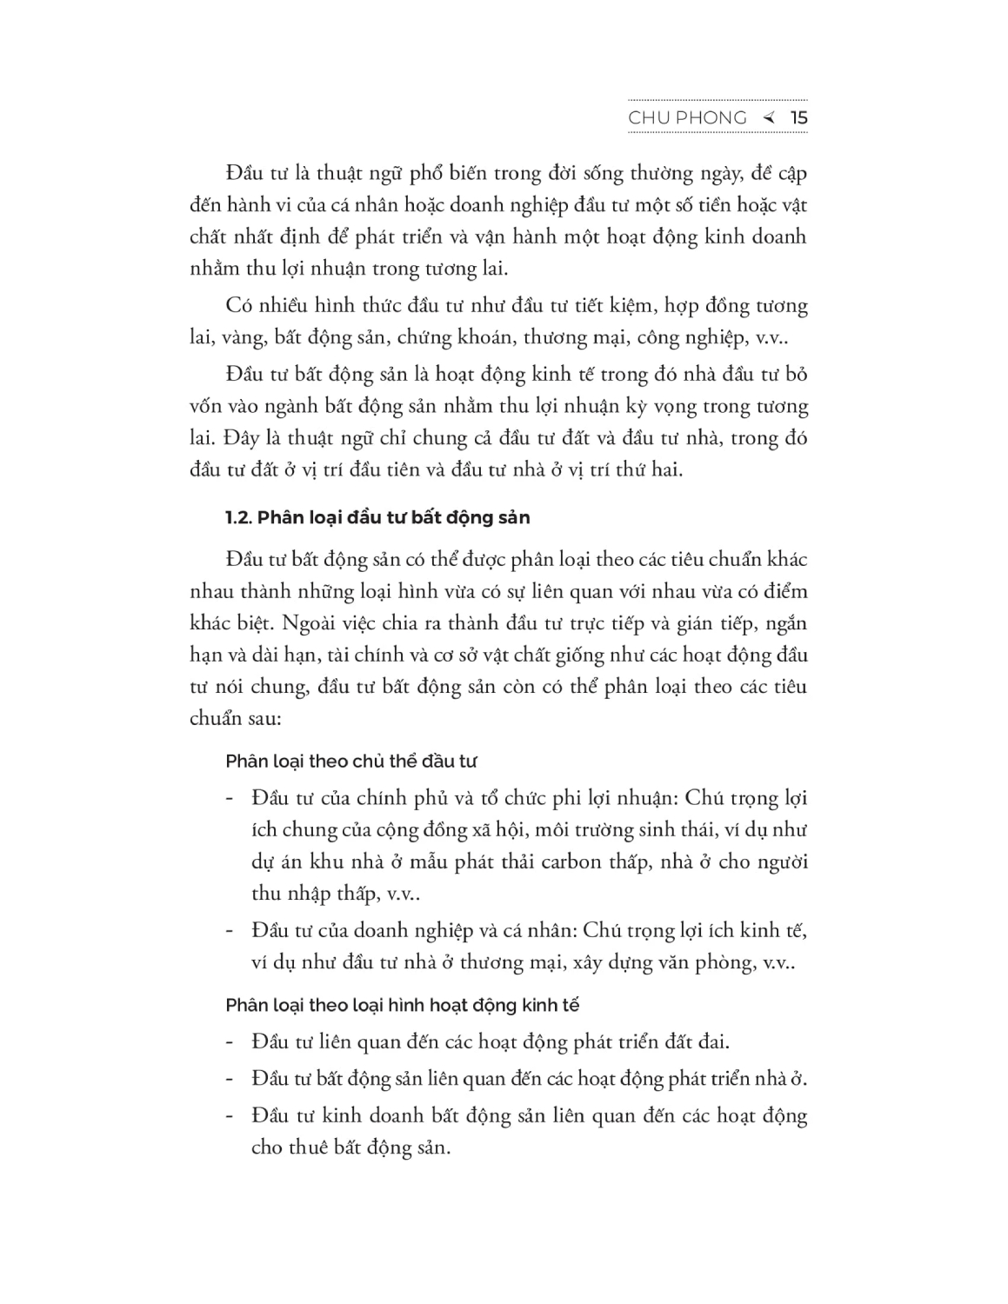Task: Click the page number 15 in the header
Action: click(799, 118)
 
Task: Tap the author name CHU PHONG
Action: click(687, 118)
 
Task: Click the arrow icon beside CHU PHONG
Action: click(768, 118)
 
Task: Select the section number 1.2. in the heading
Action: click(237, 518)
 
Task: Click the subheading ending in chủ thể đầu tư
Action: click(351, 762)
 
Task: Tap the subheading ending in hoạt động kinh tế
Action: click(402, 1006)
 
